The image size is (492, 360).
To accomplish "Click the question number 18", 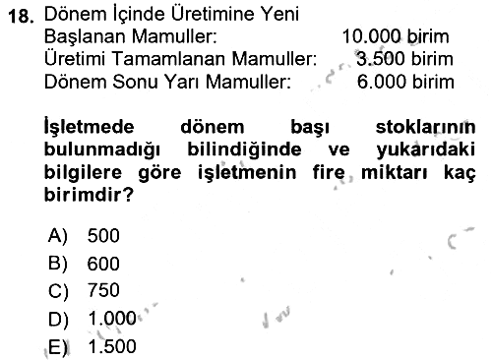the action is click(x=21, y=16).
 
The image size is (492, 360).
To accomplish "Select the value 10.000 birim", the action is click(x=396, y=36).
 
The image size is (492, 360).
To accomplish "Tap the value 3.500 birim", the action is click(x=404, y=59).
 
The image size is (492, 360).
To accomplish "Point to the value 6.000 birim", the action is click(x=405, y=82).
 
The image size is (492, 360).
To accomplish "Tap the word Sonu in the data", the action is click(x=135, y=82).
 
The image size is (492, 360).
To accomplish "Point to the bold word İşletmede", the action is click(x=89, y=126).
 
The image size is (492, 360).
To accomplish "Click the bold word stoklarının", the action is click(x=425, y=127).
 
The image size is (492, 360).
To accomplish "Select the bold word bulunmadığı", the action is click(x=102, y=150).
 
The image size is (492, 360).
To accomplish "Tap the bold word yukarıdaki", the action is click(x=426, y=150).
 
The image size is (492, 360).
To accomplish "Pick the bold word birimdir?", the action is click(x=89, y=195).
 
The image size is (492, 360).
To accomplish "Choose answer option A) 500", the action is click(x=84, y=235).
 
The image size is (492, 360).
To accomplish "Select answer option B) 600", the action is click(x=84, y=264).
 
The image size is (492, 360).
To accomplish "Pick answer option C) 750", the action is click(x=84, y=290).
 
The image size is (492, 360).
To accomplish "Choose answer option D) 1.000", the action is click(x=92, y=319).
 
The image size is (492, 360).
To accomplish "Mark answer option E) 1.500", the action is click(x=92, y=346).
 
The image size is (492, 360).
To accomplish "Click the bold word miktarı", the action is click(x=395, y=172).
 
